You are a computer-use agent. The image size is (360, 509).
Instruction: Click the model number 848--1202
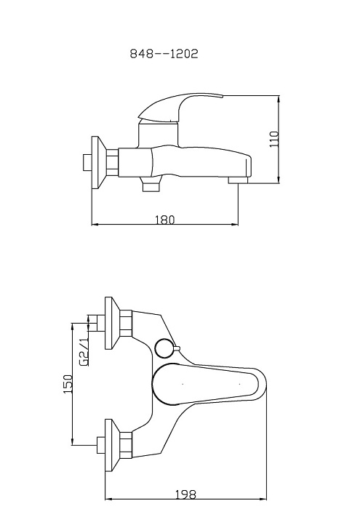click(164, 54)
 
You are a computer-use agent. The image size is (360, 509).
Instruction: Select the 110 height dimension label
click(274, 140)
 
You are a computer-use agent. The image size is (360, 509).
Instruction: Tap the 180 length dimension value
click(165, 220)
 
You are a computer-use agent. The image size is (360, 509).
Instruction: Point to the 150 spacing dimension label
click(68, 384)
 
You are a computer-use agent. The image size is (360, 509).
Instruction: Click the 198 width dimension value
click(185, 494)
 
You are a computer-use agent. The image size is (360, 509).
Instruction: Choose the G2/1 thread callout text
click(84, 351)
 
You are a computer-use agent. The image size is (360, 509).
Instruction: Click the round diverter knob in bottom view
click(165, 348)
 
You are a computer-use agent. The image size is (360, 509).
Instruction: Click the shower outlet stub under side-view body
click(151, 185)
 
